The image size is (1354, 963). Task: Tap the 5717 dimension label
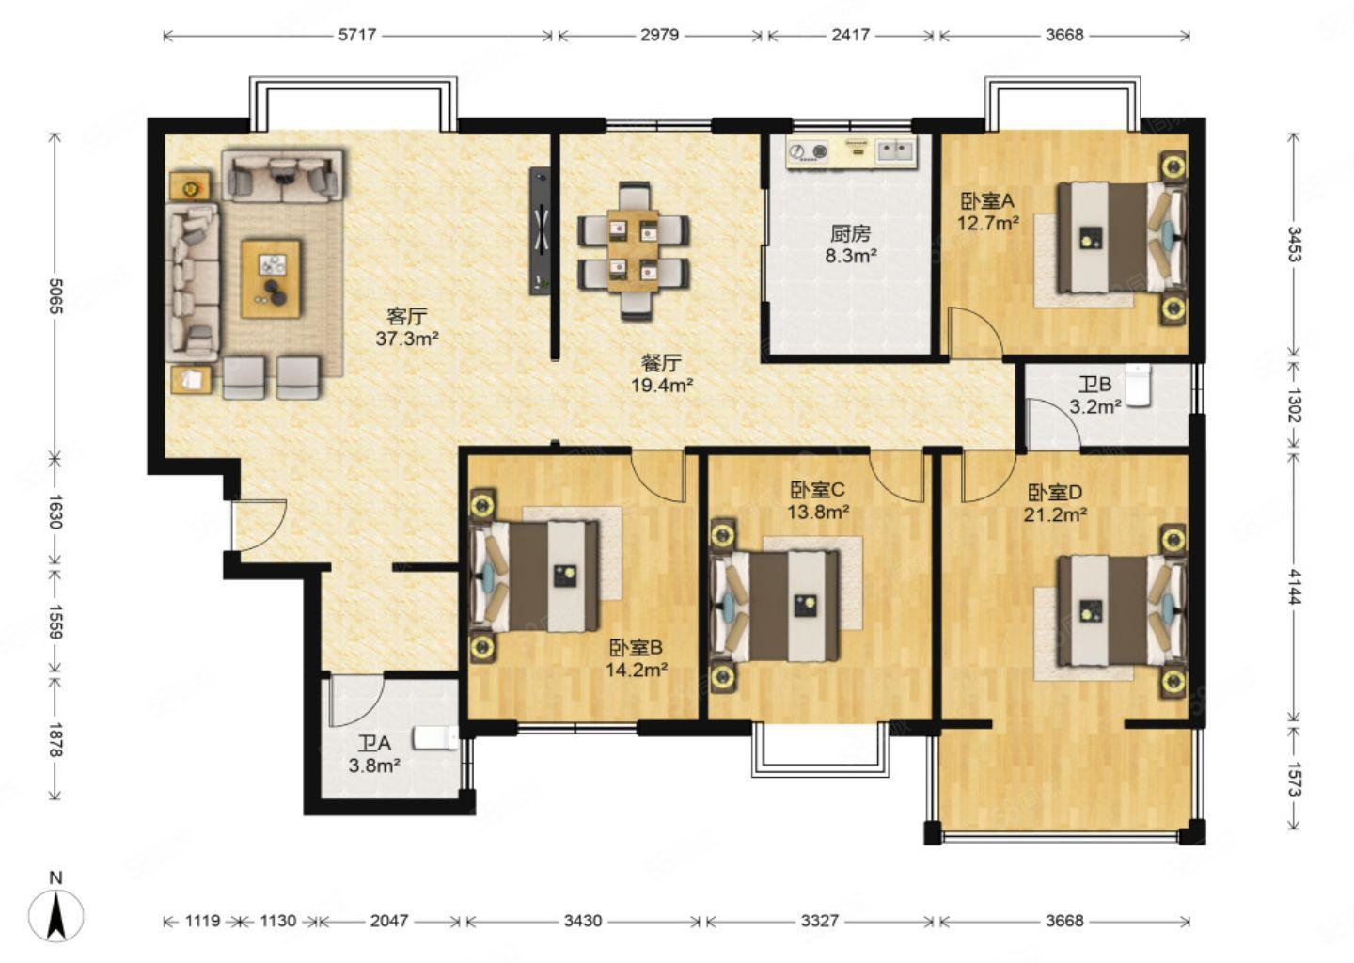(x=357, y=35)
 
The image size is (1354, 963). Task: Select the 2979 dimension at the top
(x=659, y=35)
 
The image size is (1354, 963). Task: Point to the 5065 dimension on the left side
(x=55, y=296)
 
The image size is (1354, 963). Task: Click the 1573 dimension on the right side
(x=1293, y=779)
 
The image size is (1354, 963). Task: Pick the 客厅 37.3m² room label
(x=407, y=327)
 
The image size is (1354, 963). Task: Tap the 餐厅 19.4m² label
(x=662, y=373)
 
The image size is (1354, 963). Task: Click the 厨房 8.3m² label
(x=851, y=245)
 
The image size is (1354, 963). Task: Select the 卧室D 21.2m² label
(x=1055, y=503)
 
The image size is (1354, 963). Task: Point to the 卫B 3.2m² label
(x=1096, y=395)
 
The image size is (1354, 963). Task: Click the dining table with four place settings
(x=633, y=250)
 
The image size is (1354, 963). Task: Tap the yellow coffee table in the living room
(x=271, y=278)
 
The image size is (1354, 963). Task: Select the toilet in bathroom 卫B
(x=1139, y=385)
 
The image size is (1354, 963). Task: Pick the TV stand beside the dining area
(x=540, y=231)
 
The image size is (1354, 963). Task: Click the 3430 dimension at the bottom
(x=582, y=921)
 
